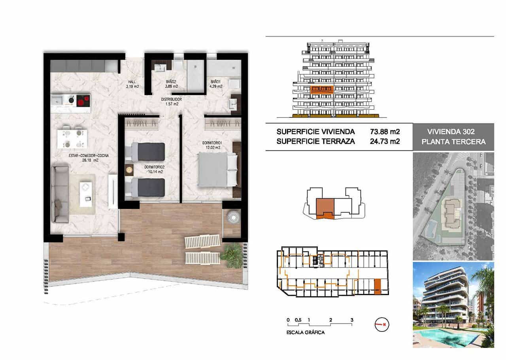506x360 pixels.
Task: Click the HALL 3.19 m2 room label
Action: pyautogui.click(x=132, y=84)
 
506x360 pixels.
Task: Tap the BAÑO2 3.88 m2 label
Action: pyautogui.click(x=171, y=84)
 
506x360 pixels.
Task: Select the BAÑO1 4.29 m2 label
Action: pyautogui.click(x=216, y=84)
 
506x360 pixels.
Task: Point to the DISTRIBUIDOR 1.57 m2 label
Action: pyautogui.click(x=171, y=102)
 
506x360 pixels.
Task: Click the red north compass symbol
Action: pyautogui.click(x=381, y=324)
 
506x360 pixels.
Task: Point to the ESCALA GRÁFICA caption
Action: pyautogui.click(x=306, y=333)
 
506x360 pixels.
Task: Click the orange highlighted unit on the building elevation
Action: pyautogui.click(x=321, y=89)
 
